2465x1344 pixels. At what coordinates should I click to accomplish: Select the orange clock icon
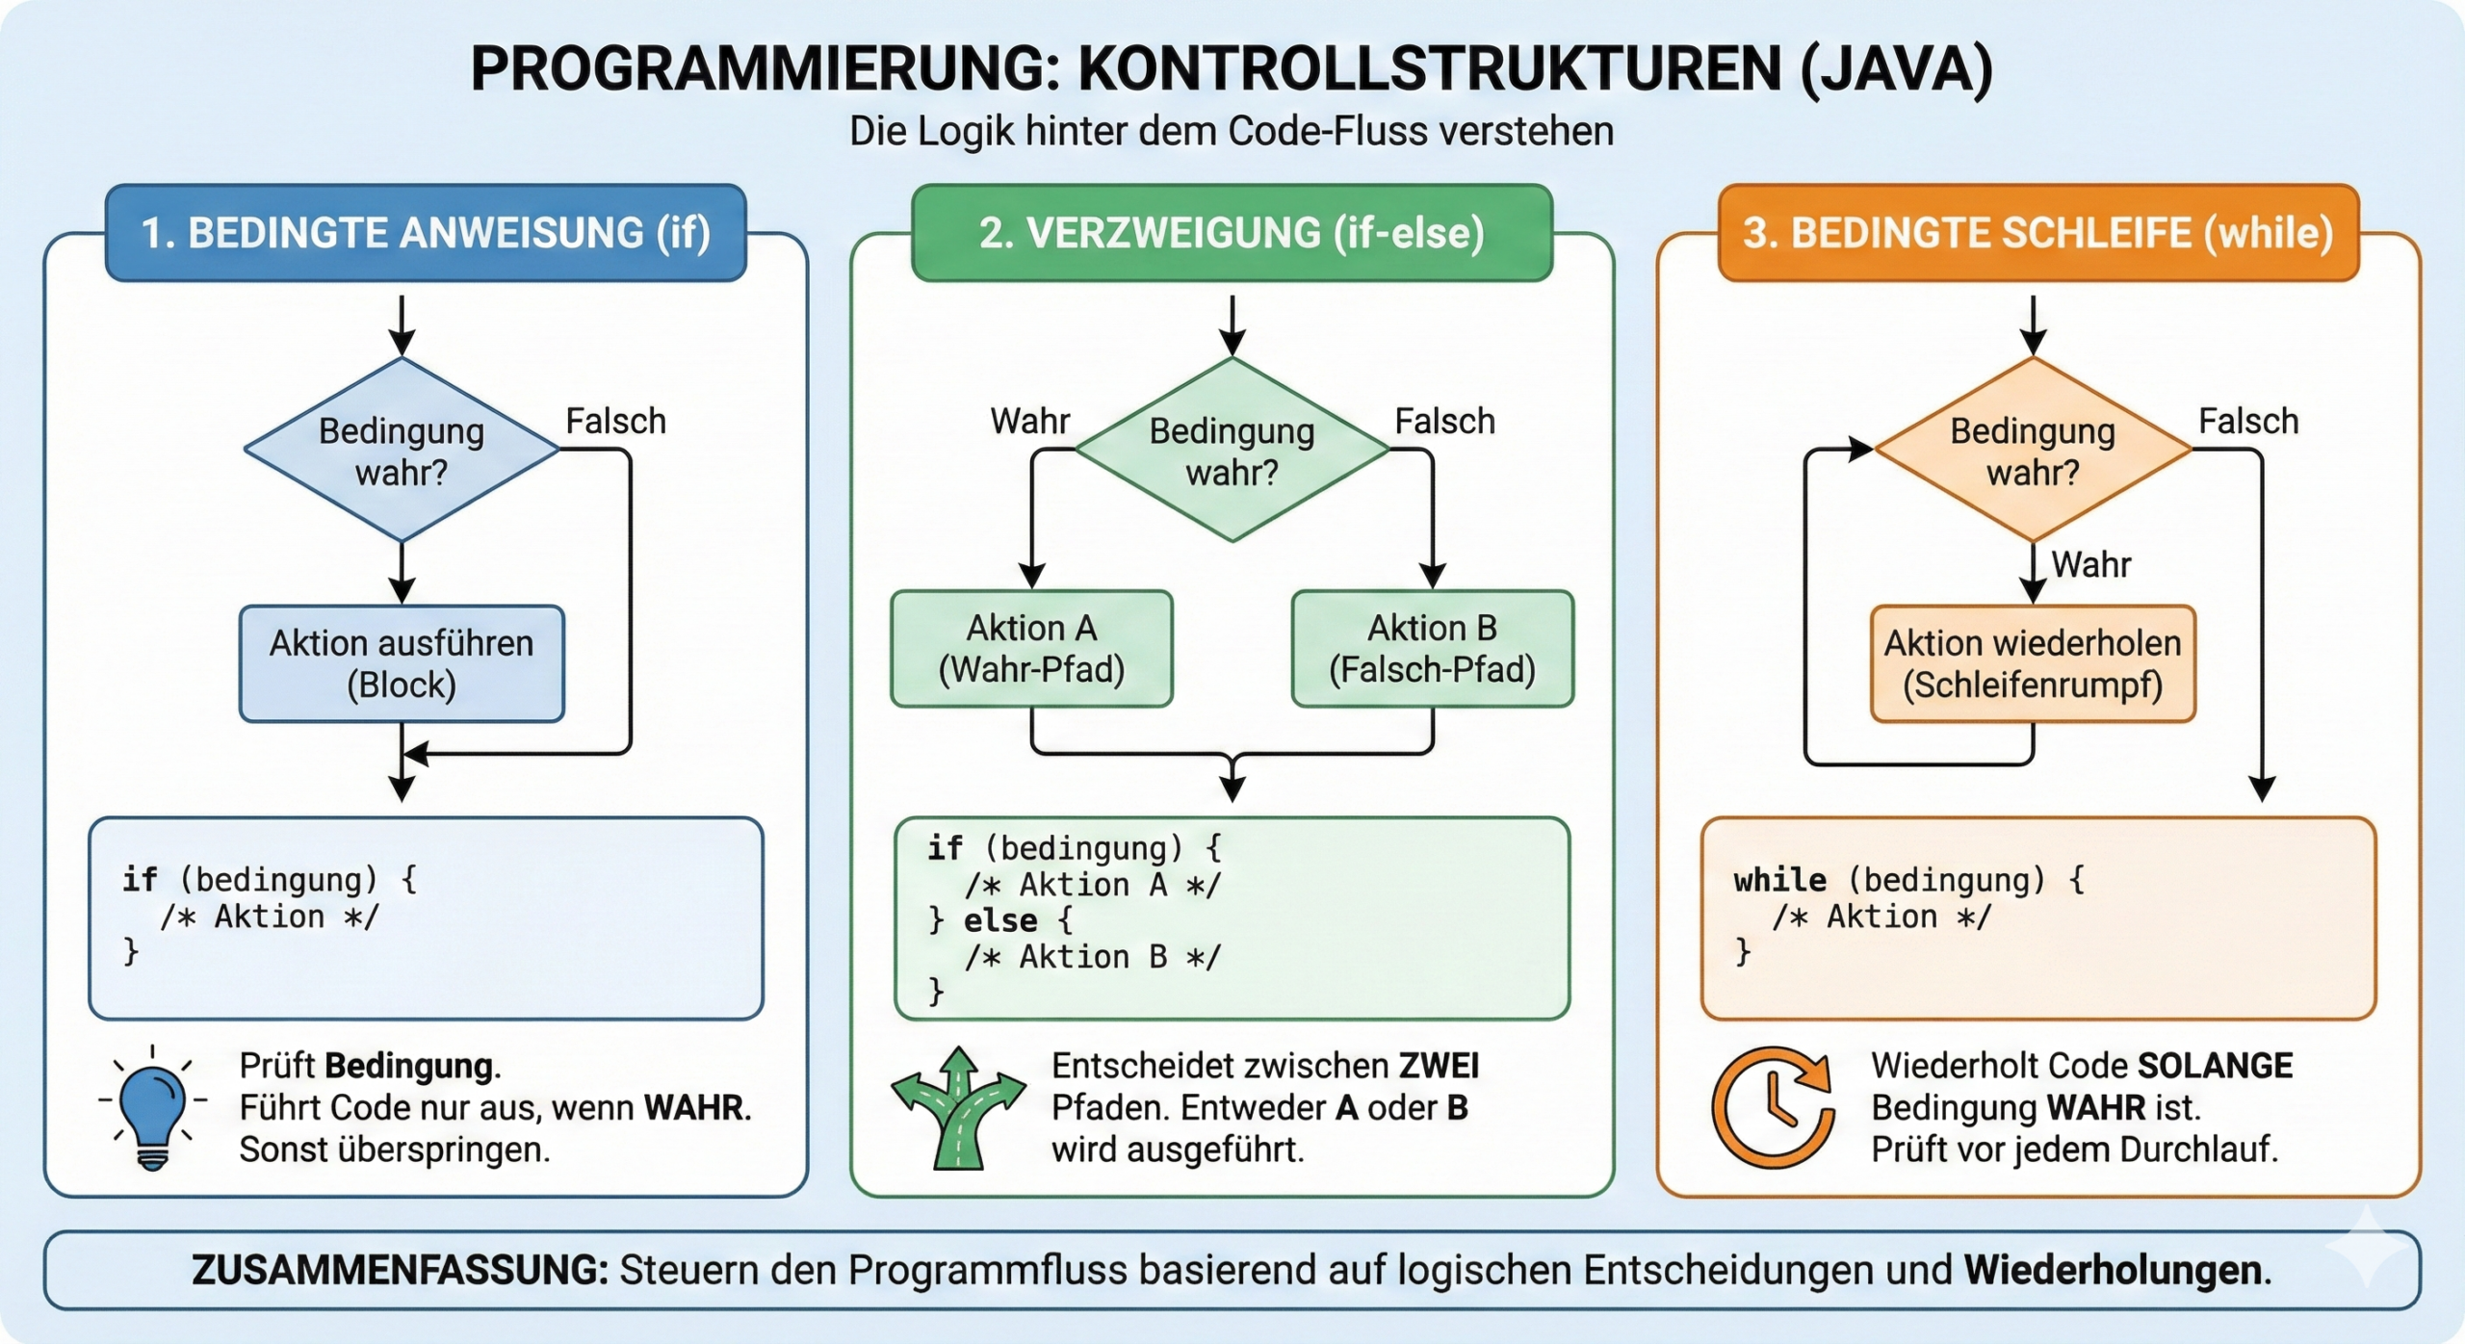click(x=1774, y=1107)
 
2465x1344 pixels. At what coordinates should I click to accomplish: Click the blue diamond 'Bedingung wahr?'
click(x=402, y=451)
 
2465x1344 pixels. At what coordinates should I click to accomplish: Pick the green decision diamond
click(x=1232, y=451)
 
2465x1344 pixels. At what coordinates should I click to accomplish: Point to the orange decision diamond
click(x=2033, y=451)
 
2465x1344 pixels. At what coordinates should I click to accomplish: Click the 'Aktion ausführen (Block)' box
click(x=402, y=663)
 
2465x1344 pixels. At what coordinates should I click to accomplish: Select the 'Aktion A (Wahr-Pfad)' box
click(x=1031, y=649)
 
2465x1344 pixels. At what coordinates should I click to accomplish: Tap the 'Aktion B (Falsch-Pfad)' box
click(x=1432, y=649)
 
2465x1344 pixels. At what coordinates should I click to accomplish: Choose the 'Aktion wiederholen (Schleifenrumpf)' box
click(x=2033, y=663)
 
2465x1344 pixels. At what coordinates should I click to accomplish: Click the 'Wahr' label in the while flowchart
click(x=2090, y=564)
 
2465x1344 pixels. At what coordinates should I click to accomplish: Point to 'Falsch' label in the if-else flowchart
click(x=1444, y=422)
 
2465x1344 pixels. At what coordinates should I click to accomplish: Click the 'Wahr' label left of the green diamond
click(x=1029, y=422)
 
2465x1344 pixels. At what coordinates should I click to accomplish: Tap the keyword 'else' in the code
click(x=1000, y=921)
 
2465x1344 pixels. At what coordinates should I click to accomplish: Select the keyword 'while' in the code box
click(x=1779, y=880)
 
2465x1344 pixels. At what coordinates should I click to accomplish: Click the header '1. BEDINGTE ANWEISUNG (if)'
click(x=426, y=233)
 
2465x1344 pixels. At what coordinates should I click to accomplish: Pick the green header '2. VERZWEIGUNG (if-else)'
click(x=1232, y=233)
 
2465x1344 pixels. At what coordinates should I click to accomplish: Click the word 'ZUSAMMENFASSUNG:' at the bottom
click(x=400, y=1270)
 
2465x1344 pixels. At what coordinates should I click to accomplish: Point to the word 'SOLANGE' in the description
click(x=2215, y=1066)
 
